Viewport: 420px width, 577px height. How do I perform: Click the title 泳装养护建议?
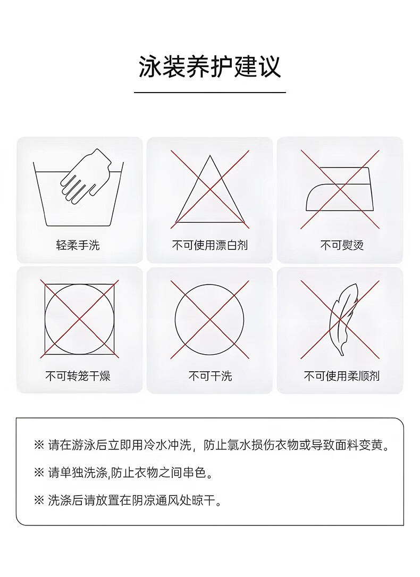pyautogui.click(x=209, y=66)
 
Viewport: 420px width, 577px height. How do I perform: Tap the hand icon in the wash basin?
pyautogui.click(x=86, y=177)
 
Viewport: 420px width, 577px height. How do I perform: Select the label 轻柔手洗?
pyautogui.click(x=78, y=245)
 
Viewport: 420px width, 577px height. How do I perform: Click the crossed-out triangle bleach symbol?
pyautogui.click(x=210, y=189)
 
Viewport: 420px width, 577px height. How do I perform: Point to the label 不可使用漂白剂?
pyautogui.click(x=210, y=245)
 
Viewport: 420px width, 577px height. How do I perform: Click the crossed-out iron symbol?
pyautogui.click(x=340, y=189)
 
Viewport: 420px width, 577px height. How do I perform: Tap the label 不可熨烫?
pyautogui.click(x=342, y=245)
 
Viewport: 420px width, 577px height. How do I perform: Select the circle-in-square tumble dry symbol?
pyautogui.click(x=79, y=319)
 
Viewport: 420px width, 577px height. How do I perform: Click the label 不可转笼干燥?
pyautogui.click(x=78, y=376)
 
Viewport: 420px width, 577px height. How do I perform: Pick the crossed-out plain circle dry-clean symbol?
pyautogui.click(x=209, y=320)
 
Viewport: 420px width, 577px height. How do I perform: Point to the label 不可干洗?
pyautogui.click(x=210, y=376)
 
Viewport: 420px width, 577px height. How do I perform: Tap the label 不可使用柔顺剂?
pyautogui.click(x=342, y=376)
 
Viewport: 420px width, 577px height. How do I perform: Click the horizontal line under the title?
pyautogui.click(x=210, y=93)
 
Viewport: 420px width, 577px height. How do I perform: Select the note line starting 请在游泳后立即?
pyautogui.click(x=212, y=445)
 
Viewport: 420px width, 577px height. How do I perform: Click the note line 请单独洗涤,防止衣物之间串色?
pyautogui.click(x=123, y=473)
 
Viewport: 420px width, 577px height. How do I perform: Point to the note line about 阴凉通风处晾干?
pyautogui.click(x=128, y=500)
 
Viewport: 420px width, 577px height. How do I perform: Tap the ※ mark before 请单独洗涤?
pyautogui.click(x=39, y=473)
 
